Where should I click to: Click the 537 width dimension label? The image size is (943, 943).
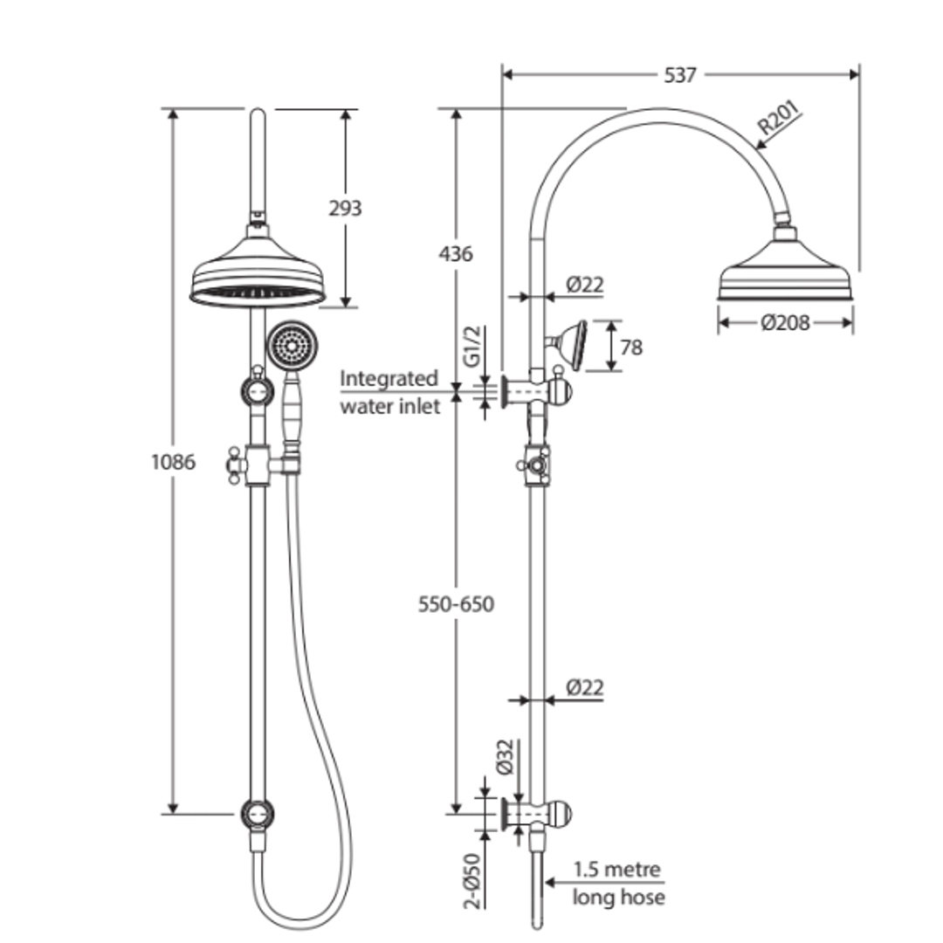680,75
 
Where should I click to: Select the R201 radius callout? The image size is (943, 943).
778,120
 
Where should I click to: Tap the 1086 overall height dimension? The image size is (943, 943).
173,461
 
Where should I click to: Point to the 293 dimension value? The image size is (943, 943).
345,209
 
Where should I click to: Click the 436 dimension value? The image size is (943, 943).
455,254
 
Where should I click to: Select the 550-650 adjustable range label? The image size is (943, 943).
455,604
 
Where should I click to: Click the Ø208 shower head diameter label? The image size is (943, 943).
785,323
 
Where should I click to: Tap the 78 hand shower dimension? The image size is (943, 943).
630,348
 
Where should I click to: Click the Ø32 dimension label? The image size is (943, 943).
504,756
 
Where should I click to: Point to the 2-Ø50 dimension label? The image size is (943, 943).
471,882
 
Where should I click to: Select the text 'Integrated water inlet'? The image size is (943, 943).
389,392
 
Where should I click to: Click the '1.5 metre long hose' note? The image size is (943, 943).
618,883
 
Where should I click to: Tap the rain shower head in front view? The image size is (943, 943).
257,278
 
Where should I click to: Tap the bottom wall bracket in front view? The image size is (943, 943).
258,814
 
